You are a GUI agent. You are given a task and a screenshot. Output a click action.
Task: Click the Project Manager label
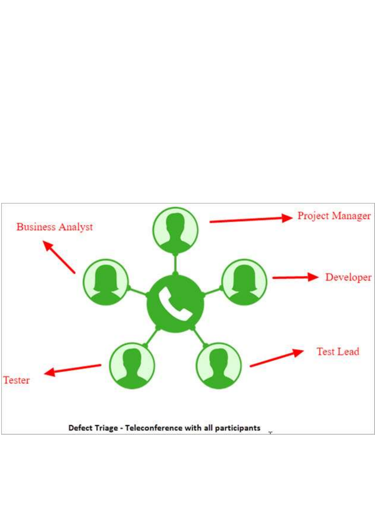click(x=334, y=216)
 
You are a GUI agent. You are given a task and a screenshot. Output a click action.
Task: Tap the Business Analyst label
click(x=54, y=227)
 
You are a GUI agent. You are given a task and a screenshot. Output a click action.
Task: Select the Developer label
click(x=348, y=277)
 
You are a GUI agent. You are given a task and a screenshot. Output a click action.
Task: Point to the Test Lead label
click(x=338, y=351)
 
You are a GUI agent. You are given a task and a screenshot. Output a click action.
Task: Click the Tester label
click(x=17, y=380)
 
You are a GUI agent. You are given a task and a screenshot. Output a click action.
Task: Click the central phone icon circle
click(x=175, y=304)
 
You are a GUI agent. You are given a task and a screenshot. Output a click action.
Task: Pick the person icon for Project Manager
click(x=175, y=230)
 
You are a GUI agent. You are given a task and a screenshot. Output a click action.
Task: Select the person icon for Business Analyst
click(x=106, y=282)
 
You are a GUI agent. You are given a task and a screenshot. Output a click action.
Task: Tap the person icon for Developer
click(x=245, y=282)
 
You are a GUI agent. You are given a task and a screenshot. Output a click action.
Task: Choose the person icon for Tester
click(x=132, y=365)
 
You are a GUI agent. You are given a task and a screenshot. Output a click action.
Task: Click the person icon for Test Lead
click(x=219, y=365)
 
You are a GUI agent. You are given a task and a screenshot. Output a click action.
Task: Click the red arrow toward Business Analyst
click(x=59, y=258)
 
